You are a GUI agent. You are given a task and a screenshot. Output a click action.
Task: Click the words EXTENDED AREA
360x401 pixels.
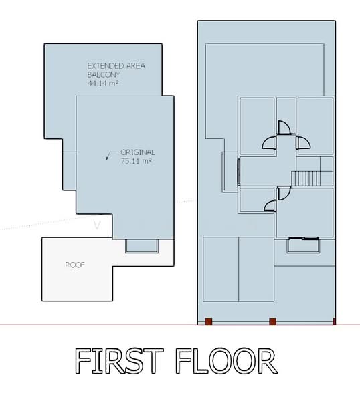(x=116, y=66)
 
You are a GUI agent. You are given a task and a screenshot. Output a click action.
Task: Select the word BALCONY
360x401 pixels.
(x=104, y=75)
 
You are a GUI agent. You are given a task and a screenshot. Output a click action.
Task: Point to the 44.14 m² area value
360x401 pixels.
(x=102, y=83)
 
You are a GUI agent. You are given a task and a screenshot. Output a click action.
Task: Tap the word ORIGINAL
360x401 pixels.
(x=137, y=152)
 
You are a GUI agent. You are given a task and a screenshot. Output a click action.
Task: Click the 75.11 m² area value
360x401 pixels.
(x=136, y=161)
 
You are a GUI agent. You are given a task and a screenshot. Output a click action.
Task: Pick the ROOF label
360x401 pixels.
(x=75, y=265)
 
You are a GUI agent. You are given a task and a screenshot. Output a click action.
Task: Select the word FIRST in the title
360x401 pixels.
(x=119, y=361)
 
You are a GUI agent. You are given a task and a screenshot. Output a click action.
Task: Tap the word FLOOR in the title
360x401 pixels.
(x=227, y=361)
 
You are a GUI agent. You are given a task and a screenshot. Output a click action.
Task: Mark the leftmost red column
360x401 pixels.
(x=209, y=321)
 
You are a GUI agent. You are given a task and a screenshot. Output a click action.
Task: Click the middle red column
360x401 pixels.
(x=273, y=321)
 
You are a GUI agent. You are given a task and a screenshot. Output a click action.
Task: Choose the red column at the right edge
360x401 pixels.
(x=334, y=321)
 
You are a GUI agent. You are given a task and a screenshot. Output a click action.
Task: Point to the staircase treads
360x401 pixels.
(x=306, y=178)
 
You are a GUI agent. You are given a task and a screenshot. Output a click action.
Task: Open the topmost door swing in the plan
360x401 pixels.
(x=284, y=127)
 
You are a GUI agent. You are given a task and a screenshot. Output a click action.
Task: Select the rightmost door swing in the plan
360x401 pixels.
(x=304, y=143)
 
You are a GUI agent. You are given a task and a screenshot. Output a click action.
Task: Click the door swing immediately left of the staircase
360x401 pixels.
(x=284, y=193)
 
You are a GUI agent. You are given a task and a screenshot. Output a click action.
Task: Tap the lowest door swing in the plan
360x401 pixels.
(x=270, y=205)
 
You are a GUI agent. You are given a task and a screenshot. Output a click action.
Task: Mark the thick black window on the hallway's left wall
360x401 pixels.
(x=239, y=172)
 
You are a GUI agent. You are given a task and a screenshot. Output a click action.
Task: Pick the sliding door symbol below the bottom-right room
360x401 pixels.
(x=304, y=239)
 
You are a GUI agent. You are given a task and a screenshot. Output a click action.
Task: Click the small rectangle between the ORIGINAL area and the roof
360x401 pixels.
(x=142, y=246)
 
